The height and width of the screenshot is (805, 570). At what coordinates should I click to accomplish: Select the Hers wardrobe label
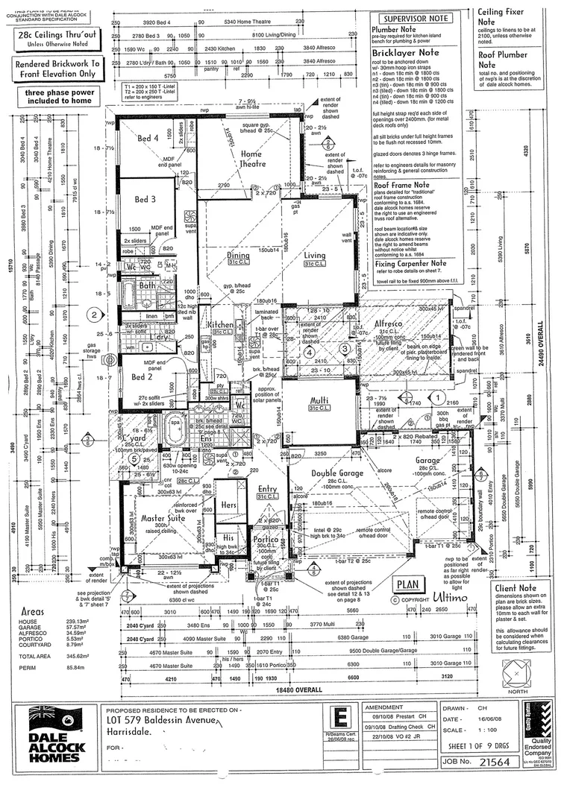(x=228, y=505)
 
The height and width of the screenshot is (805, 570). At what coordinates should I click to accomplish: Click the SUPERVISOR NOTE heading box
(x=415, y=18)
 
